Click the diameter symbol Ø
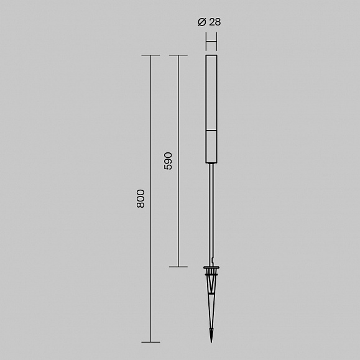pyautogui.click(x=202, y=22)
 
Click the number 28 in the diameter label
pyautogui.click(x=215, y=22)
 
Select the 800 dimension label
pyautogui.click(x=141, y=199)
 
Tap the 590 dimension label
pyautogui.click(x=168, y=161)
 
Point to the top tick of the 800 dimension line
pyautogui.click(x=150, y=55)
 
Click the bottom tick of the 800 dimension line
pyautogui.click(x=150, y=342)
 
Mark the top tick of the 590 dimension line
pyautogui.click(x=178, y=55)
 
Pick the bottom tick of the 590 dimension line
pyautogui.click(x=178, y=267)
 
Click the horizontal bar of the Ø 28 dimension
pyautogui.click(x=211, y=42)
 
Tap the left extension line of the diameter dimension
pyautogui.click(x=206, y=42)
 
